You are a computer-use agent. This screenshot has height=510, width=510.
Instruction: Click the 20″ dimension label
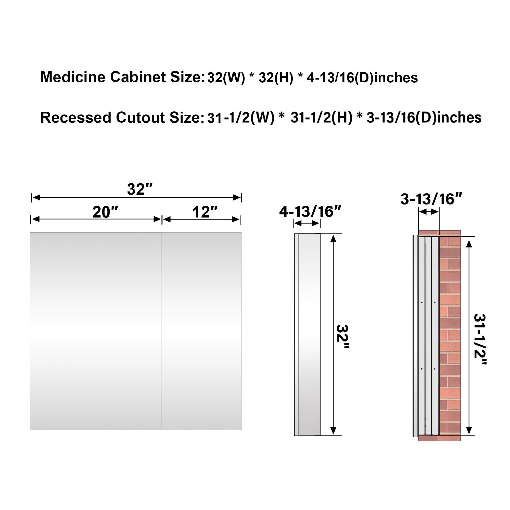105,212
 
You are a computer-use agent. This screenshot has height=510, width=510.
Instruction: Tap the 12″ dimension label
205,212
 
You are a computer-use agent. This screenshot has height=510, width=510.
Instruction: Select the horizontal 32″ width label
140,189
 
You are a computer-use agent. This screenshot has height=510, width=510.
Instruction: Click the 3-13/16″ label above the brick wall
431,199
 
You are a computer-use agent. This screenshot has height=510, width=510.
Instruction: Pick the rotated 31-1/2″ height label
480,339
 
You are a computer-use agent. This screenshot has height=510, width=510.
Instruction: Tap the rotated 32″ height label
342,337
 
